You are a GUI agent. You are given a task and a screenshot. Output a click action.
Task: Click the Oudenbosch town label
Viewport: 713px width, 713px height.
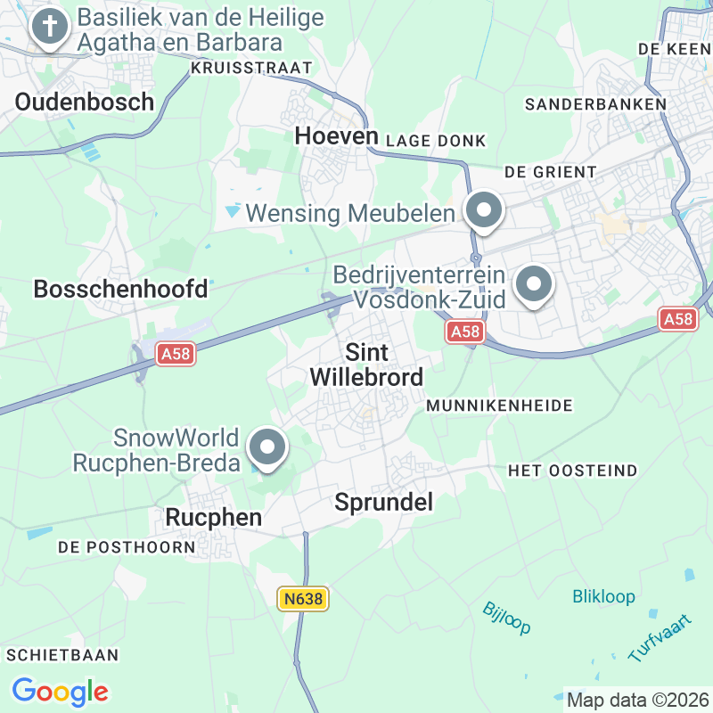click(85, 102)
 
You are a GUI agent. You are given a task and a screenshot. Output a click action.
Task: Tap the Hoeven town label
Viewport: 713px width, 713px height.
click(337, 136)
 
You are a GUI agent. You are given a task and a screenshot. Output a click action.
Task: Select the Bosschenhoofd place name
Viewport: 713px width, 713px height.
click(120, 289)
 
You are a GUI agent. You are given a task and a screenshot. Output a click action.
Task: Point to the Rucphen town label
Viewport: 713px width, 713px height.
click(214, 517)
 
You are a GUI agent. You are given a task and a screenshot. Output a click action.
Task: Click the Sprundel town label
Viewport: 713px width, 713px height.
click(383, 503)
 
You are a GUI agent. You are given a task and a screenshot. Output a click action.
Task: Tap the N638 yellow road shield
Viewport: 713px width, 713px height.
click(302, 600)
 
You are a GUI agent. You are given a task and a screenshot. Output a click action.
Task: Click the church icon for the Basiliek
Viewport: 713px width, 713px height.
click(50, 29)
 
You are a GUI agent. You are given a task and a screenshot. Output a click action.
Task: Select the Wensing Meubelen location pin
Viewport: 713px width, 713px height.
click(484, 212)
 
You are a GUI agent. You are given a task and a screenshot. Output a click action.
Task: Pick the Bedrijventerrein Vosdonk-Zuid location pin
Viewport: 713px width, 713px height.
click(534, 287)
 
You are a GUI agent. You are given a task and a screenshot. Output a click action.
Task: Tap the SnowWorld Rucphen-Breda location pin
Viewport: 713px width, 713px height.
click(266, 448)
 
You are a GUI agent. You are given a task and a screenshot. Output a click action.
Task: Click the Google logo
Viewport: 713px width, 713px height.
click(60, 691)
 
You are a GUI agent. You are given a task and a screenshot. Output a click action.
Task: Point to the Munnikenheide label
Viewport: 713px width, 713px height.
click(499, 406)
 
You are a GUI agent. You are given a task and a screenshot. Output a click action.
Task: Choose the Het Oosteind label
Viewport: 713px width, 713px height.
click(572, 470)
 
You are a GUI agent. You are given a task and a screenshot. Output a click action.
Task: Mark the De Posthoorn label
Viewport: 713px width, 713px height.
click(127, 546)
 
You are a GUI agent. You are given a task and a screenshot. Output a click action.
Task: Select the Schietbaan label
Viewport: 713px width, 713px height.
click(62, 655)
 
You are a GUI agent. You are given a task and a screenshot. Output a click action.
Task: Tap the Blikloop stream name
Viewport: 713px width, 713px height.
click(603, 596)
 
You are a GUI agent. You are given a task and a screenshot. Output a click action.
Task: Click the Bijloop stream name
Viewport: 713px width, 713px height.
click(506, 618)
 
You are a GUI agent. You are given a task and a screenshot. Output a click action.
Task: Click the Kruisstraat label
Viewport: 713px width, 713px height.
click(251, 68)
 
